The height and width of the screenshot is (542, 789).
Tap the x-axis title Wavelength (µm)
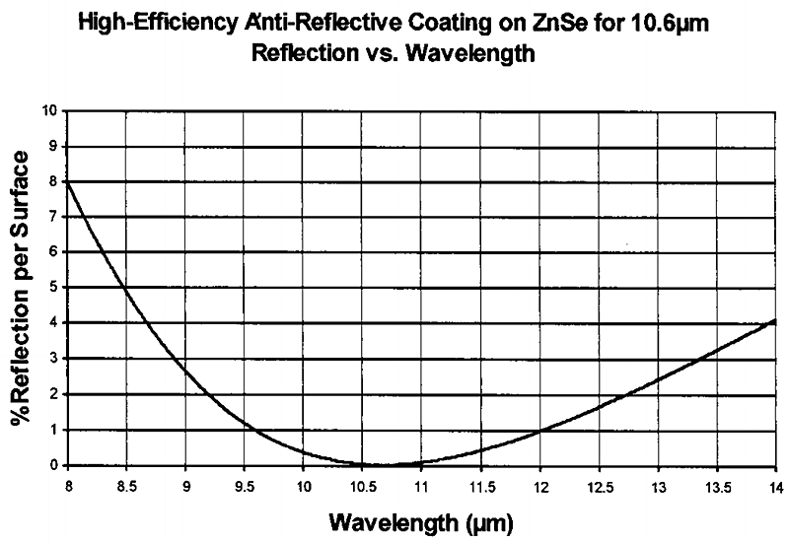[x=420, y=518]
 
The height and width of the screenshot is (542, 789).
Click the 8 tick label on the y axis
[x=53, y=181]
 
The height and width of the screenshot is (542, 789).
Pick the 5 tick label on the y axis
[x=53, y=288]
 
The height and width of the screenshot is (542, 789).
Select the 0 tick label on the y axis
[x=53, y=465]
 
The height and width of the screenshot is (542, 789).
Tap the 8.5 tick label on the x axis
[x=125, y=485]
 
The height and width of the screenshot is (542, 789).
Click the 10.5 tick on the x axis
[x=362, y=485]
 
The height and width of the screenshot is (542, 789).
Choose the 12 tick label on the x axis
[x=539, y=485]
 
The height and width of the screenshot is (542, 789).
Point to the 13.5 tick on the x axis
[x=716, y=485]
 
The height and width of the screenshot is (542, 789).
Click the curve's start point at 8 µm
[x=67, y=182]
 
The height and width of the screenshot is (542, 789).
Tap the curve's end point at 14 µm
[x=775, y=321]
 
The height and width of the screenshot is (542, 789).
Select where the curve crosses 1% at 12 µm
[x=539, y=430]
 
